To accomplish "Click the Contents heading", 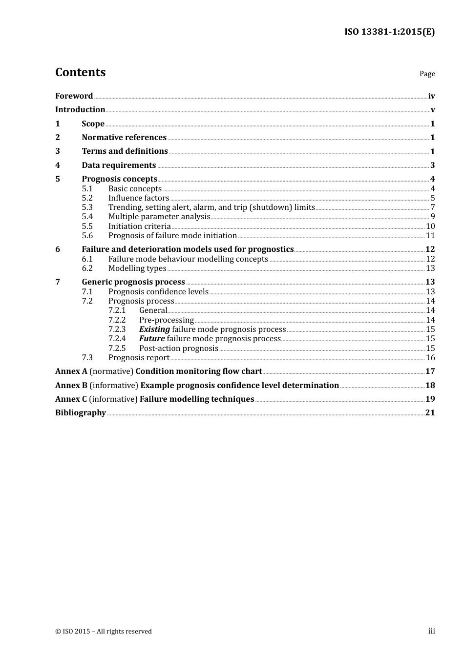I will tap(80, 72).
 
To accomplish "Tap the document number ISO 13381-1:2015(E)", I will tap(389, 32).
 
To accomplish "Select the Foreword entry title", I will tap(74, 96).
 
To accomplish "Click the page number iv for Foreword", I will tap(431, 96).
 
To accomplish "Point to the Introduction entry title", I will tap(80, 110).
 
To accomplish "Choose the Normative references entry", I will tap(124, 138).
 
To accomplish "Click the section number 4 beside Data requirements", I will tap(58, 165).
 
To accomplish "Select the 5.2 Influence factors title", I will tap(139, 198).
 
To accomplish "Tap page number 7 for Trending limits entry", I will tap(433, 207).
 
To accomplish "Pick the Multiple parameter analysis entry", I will tap(159, 217).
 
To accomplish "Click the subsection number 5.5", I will tap(87, 226).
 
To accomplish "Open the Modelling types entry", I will tap(137, 268).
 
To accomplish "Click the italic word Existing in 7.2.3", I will tap(154, 329).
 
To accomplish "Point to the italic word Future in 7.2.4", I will tap(152, 339).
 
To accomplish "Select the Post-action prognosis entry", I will tap(179, 348).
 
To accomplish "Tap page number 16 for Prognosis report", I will tap(430, 358).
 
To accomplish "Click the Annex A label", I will tap(71, 371).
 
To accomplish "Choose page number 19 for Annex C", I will tap(430, 399).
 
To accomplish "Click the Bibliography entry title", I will tap(81, 413).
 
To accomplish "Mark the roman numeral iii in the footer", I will tap(431, 631).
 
